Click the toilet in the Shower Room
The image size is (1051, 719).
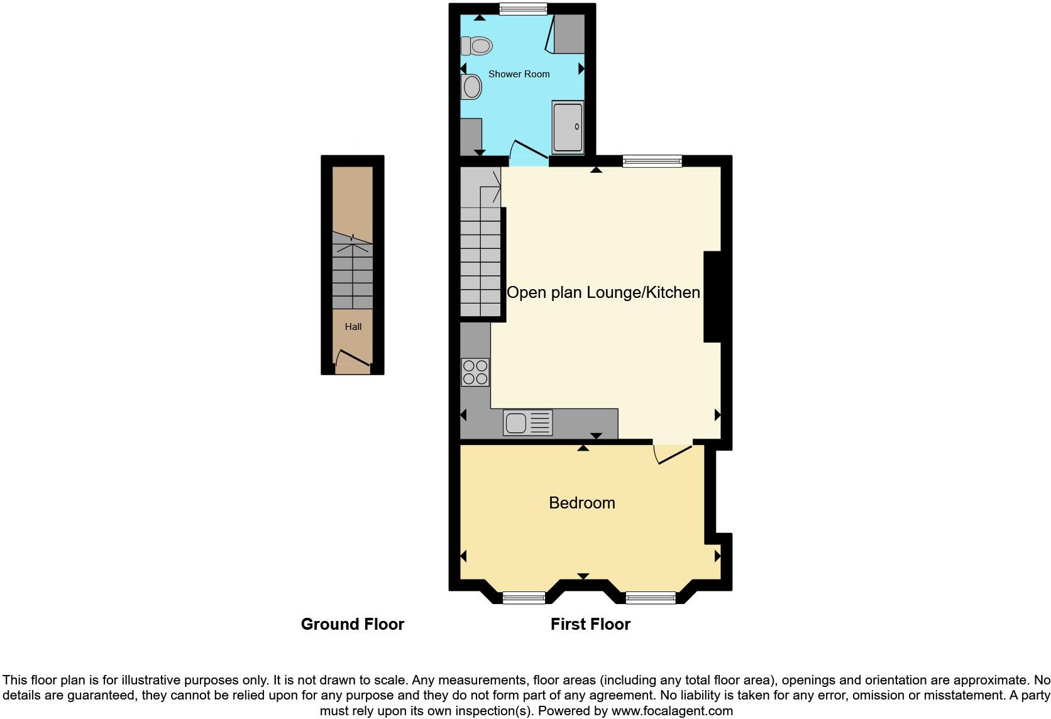[x=477, y=45]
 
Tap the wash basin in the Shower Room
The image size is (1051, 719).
[x=471, y=87]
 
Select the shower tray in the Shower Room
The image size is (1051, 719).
[x=568, y=127]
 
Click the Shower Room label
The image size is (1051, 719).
[x=519, y=74]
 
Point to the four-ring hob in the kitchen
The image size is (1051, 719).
[x=475, y=371]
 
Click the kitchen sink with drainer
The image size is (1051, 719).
[x=527, y=422]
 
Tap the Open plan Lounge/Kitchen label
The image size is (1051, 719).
[x=603, y=292]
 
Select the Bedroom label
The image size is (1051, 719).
[x=581, y=503]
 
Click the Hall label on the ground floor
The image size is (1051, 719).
[x=353, y=327]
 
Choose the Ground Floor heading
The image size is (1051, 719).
[x=352, y=624]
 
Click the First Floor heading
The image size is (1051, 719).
[x=590, y=624]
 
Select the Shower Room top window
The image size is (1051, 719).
[x=523, y=9]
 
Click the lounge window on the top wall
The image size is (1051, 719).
[x=652, y=162]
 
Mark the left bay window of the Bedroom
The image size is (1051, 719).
[x=524, y=597]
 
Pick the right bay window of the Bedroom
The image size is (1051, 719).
[x=651, y=597]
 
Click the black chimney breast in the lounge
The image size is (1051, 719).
[x=712, y=297]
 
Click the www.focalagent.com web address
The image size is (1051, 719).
[x=672, y=711]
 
